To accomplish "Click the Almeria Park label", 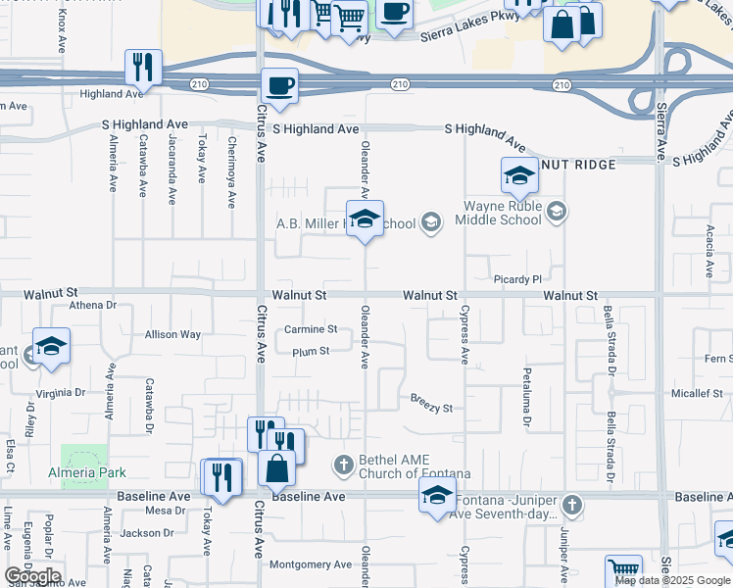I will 87,472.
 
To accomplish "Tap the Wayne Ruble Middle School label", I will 503,213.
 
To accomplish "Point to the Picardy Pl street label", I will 518,279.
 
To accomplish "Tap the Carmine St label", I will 311,329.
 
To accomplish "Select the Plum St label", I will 310,351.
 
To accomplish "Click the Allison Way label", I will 172,334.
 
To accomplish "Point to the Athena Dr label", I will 92,305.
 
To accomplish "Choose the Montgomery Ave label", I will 310,564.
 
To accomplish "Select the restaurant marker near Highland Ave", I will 144,68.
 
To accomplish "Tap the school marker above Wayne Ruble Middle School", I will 519,176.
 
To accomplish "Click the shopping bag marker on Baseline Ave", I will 277,467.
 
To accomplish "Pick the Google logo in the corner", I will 32,576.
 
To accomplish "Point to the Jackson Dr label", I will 148,533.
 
